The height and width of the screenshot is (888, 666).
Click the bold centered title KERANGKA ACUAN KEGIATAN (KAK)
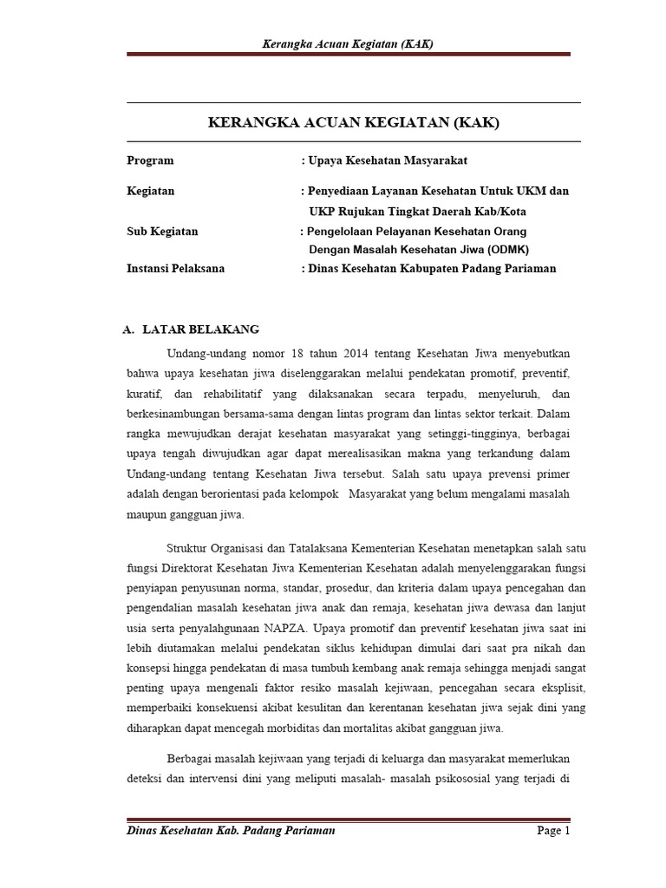pyautogui.click(x=354, y=124)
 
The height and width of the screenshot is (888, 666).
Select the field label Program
pyautogui.click(x=150, y=160)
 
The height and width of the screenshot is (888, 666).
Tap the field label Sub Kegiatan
pyautogui.click(x=162, y=232)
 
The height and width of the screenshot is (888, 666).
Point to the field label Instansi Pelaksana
pyautogui.click(x=175, y=269)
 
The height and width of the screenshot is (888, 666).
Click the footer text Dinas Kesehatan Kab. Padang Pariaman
pyautogui.click(x=231, y=831)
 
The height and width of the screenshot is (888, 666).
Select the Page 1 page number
pyautogui.click(x=553, y=831)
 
